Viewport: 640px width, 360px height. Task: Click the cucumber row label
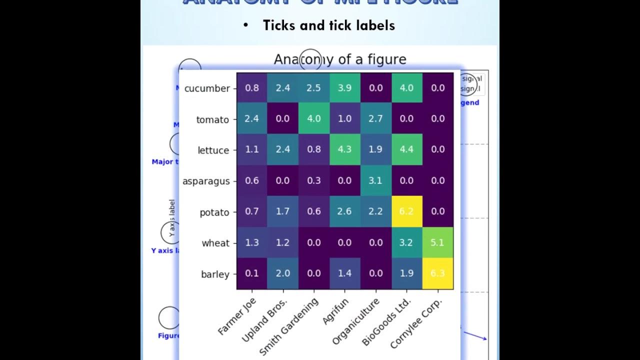click(x=207, y=88)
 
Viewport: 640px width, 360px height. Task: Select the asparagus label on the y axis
click(x=206, y=181)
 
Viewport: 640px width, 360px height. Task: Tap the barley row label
click(x=215, y=274)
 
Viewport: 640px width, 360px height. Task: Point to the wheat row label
click(x=215, y=243)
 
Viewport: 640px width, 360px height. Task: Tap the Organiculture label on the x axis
click(x=356, y=321)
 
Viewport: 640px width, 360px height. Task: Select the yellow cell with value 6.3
click(x=437, y=273)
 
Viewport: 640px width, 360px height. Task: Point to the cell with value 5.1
click(x=437, y=242)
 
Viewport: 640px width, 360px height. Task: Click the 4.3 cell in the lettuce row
click(x=344, y=149)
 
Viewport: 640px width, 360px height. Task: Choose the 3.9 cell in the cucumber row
click(x=344, y=88)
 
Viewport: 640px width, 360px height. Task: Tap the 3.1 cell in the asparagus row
click(x=375, y=180)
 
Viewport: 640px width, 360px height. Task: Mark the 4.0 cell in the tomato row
click(x=313, y=119)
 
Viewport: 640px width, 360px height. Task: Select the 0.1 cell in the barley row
click(x=252, y=273)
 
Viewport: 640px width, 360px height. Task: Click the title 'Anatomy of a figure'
click(x=340, y=59)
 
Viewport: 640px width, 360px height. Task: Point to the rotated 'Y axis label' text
click(x=172, y=218)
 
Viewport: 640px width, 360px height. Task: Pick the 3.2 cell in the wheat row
click(x=406, y=242)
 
